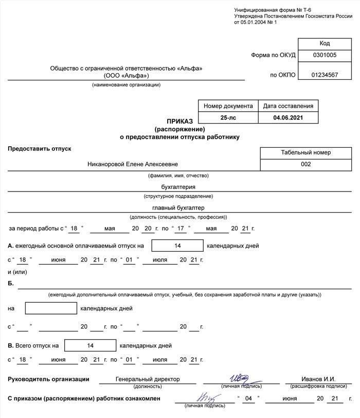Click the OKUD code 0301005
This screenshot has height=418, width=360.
click(x=324, y=55)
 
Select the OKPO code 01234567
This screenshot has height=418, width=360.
click(x=324, y=75)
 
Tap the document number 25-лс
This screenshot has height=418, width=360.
click(x=228, y=118)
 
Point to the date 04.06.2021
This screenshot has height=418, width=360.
click(x=288, y=118)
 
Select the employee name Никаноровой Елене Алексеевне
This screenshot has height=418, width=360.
click(x=133, y=164)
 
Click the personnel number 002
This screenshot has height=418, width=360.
click(x=306, y=164)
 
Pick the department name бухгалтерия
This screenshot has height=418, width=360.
click(x=178, y=187)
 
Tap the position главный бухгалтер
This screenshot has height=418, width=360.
click(x=178, y=208)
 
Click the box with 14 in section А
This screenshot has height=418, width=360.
click(x=177, y=246)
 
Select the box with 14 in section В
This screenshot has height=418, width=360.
click(x=91, y=345)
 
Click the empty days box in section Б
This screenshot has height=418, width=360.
click(x=51, y=308)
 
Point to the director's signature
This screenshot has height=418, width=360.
click(x=239, y=378)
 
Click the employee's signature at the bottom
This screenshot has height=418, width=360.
click(x=204, y=397)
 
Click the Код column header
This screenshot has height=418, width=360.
click(x=324, y=43)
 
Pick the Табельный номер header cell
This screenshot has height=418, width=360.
click(x=306, y=152)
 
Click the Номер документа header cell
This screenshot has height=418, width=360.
click(x=228, y=106)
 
